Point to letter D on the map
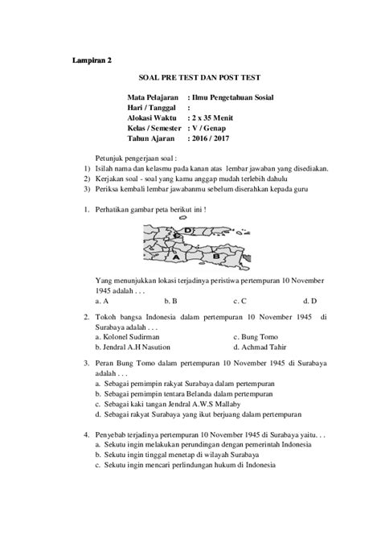point(186,231)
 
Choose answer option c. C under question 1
point(239,301)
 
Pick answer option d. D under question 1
point(298,301)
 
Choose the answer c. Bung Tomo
point(260,337)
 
